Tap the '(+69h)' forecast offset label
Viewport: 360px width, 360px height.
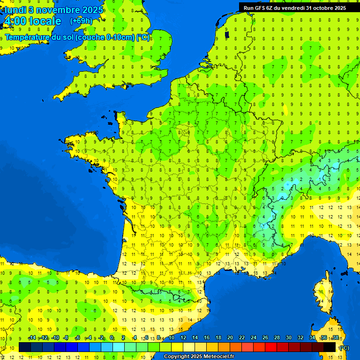[x=81, y=21]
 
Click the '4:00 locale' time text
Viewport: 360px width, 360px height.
[x=32, y=21]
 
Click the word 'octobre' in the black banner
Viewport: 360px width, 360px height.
[x=316, y=7]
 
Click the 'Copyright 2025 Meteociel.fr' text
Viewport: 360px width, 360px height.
[x=198, y=356]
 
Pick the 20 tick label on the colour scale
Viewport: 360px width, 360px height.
[x=230, y=337]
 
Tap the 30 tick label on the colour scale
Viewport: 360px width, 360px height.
[x=289, y=337]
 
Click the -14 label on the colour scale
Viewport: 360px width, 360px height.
[x=31, y=337]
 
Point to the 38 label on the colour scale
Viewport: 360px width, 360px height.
[x=335, y=337]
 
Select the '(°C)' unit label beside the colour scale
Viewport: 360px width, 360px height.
[x=344, y=347]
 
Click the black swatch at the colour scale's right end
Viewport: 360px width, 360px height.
[x=330, y=347]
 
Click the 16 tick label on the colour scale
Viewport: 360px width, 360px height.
[x=207, y=337]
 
